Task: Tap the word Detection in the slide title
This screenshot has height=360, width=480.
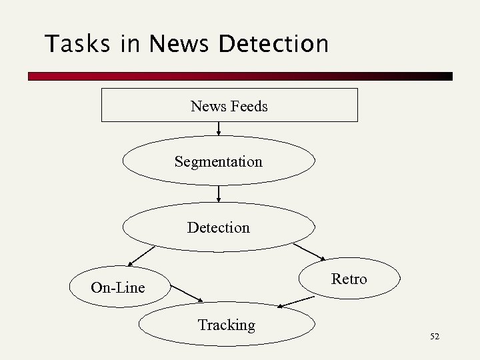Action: (x=273, y=44)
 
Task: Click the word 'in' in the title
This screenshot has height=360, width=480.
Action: (x=131, y=44)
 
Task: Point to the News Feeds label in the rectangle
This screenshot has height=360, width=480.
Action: (x=229, y=106)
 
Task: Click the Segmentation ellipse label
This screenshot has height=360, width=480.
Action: (x=219, y=161)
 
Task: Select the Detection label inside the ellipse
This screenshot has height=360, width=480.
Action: (x=219, y=227)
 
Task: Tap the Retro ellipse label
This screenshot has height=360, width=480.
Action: (x=349, y=279)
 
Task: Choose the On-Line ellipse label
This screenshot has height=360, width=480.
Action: (x=118, y=288)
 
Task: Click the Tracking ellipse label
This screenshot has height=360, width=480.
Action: (x=227, y=325)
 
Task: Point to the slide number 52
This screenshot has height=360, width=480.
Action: (x=435, y=337)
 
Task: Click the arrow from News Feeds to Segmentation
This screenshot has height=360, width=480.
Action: (x=219, y=129)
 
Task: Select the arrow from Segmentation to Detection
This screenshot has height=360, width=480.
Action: (x=219, y=193)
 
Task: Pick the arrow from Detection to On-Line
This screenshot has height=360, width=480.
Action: (x=141, y=256)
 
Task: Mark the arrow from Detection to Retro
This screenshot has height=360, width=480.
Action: (x=309, y=252)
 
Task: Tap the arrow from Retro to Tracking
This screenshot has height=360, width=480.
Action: (x=295, y=302)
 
